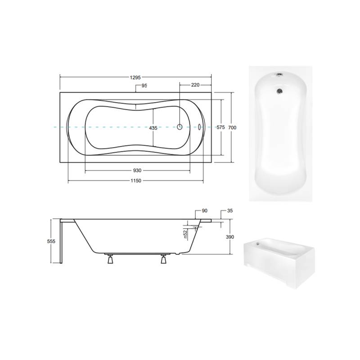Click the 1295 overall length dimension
(135, 77)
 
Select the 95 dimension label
(144, 85)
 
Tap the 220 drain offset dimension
(195, 85)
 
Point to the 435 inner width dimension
(153, 128)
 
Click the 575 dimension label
(220, 127)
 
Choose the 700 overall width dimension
(232, 127)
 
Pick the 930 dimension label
(137, 171)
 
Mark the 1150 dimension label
(136, 181)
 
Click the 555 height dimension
(51, 241)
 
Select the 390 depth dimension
(230, 237)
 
